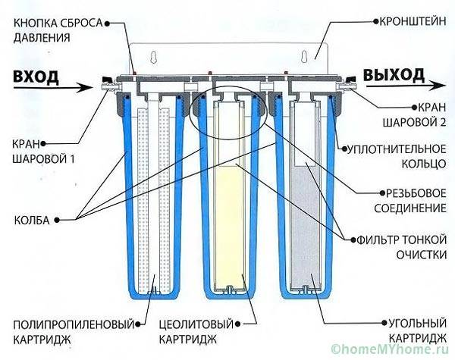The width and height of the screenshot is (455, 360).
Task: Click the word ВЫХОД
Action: (394, 74)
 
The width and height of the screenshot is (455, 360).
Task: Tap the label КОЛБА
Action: (34, 220)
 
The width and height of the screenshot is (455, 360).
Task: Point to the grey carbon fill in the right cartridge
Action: (310, 227)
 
